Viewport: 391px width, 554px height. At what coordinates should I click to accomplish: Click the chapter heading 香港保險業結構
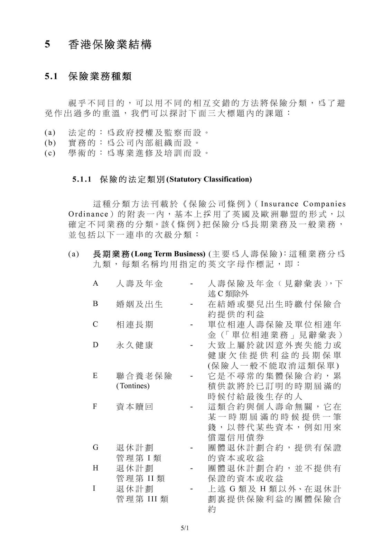(x=110, y=45)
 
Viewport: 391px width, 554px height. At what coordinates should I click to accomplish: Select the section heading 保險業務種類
(x=100, y=76)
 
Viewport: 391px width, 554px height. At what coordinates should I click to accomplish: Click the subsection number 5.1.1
(x=82, y=179)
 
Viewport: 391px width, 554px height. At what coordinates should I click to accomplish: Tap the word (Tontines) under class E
(x=133, y=386)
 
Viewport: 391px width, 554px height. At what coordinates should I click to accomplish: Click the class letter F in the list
(x=95, y=406)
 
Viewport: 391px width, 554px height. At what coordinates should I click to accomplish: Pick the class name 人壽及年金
(x=139, y=284)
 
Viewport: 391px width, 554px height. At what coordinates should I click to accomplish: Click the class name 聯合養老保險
(x=144, y=376)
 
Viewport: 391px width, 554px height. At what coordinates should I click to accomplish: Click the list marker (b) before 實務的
(x=50, y=143)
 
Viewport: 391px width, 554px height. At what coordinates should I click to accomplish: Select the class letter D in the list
(x=95, y=345)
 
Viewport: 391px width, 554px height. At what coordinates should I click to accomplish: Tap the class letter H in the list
(x=95, y=468)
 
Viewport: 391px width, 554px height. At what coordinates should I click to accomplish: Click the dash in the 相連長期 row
(x=191, y=325)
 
